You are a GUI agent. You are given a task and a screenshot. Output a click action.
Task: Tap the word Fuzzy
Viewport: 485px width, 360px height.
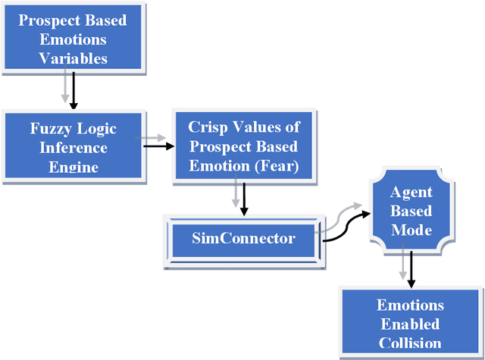(46, 129)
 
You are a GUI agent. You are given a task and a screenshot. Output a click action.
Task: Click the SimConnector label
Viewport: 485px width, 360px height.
(233, 239)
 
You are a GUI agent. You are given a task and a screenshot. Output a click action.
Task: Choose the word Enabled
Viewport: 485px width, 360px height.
(410, 324)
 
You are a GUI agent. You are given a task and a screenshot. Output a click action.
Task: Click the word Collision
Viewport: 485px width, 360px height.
(410, 343)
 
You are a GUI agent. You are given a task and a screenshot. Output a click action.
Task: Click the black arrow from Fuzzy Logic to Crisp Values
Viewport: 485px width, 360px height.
(156, 146)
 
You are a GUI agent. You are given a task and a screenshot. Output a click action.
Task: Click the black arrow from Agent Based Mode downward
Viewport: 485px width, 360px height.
(411, 272)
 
